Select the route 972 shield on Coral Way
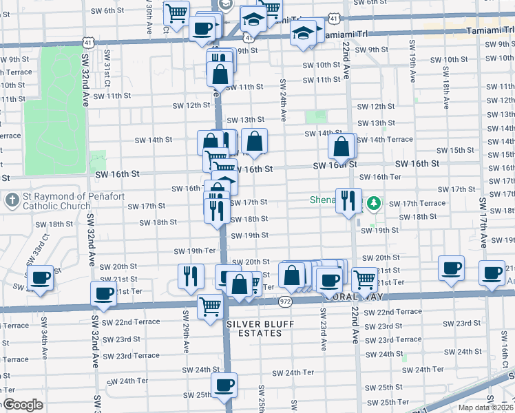[x=285, y=301]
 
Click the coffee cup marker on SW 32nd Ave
[x=104, y=294]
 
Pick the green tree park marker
[x=373, y=203]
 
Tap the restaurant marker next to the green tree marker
[x=348, y=200]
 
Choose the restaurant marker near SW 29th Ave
[x=191, y=275]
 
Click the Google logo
[x=22, y=405]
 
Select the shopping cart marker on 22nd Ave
[x=364, y=279]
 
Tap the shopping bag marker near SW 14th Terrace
[x=341, y=146]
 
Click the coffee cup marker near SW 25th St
[x=223, y=385]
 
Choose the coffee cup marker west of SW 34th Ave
[x=41, y=278]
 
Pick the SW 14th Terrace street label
[x=390, y=140]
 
